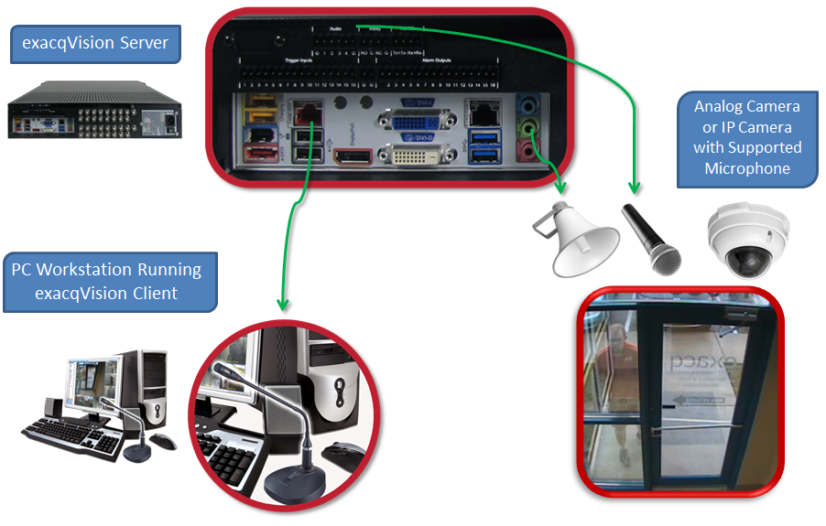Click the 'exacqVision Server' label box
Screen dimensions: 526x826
pyautogui.click(x=94, y=44)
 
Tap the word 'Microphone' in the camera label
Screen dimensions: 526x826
pyautogui.click(x=746, y=168)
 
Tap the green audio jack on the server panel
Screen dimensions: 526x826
pyautogui.click(x=528, y=125)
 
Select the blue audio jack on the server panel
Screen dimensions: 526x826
pyautogui.click(x=528, y=106)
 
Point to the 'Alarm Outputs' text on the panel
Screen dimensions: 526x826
pyautogui.click(x=442, y=60)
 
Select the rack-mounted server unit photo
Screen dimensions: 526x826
pyautogui.click(x=95, y=110)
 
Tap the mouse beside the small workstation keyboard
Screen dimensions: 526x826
pyautogui.click(x=163, y=441)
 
